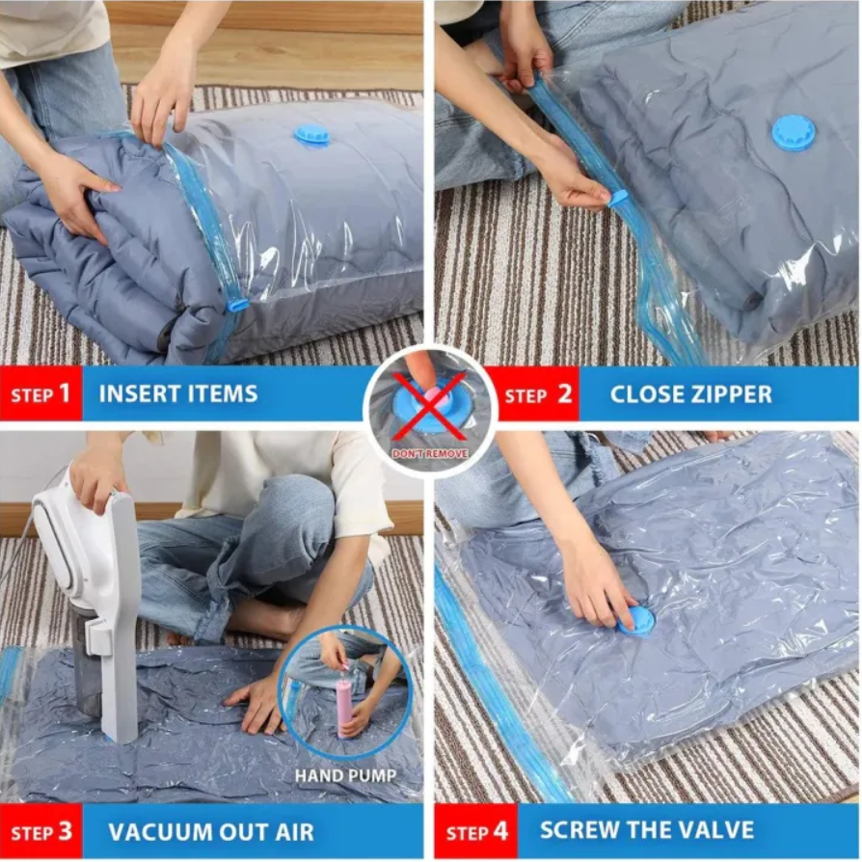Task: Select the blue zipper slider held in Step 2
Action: click(x=618, y=199)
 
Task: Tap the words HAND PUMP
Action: click(x=345, y=775)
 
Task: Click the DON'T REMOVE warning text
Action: click(x=430, y=453)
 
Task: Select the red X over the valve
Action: click(x=430, y=407)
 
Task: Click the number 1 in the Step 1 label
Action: click(x=65, y=393)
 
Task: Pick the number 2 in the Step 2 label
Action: click(x=565, y=394)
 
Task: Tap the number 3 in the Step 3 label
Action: click(x=66, y=832)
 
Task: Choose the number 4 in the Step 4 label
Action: click(x=500, y=831)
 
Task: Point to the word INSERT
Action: click(x=138, y=394)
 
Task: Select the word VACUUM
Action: click(x=156, y=832)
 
